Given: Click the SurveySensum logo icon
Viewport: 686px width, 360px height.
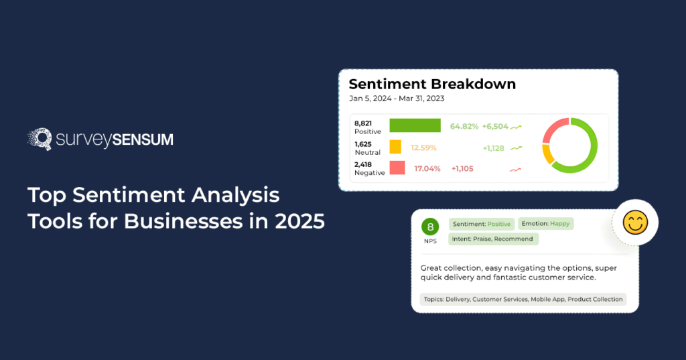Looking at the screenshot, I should [40, 139].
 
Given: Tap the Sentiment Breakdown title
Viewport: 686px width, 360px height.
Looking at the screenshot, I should [432, 84].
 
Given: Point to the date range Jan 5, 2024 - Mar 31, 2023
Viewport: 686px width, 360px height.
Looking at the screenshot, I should [397, 98].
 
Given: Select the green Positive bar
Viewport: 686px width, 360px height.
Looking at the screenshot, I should [415, 126].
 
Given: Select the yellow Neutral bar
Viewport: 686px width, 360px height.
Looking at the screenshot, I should [395, 147].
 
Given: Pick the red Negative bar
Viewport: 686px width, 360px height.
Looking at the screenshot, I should [397, 168].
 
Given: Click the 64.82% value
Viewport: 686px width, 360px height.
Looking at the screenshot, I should [464, 126].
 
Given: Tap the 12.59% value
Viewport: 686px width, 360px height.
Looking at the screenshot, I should [423, 147].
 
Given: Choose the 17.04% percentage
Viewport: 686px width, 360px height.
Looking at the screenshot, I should [427, 168].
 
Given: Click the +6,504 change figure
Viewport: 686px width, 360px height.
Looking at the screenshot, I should [495, 126].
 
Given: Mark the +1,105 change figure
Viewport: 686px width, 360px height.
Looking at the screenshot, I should [462, 168].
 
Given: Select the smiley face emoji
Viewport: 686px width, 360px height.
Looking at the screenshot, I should [635, 222].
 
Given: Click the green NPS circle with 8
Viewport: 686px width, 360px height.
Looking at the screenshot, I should [429, 227].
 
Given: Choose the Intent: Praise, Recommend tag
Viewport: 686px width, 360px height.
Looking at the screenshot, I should [493, 239].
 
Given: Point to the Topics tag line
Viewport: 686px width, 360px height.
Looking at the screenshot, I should [523, 299].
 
